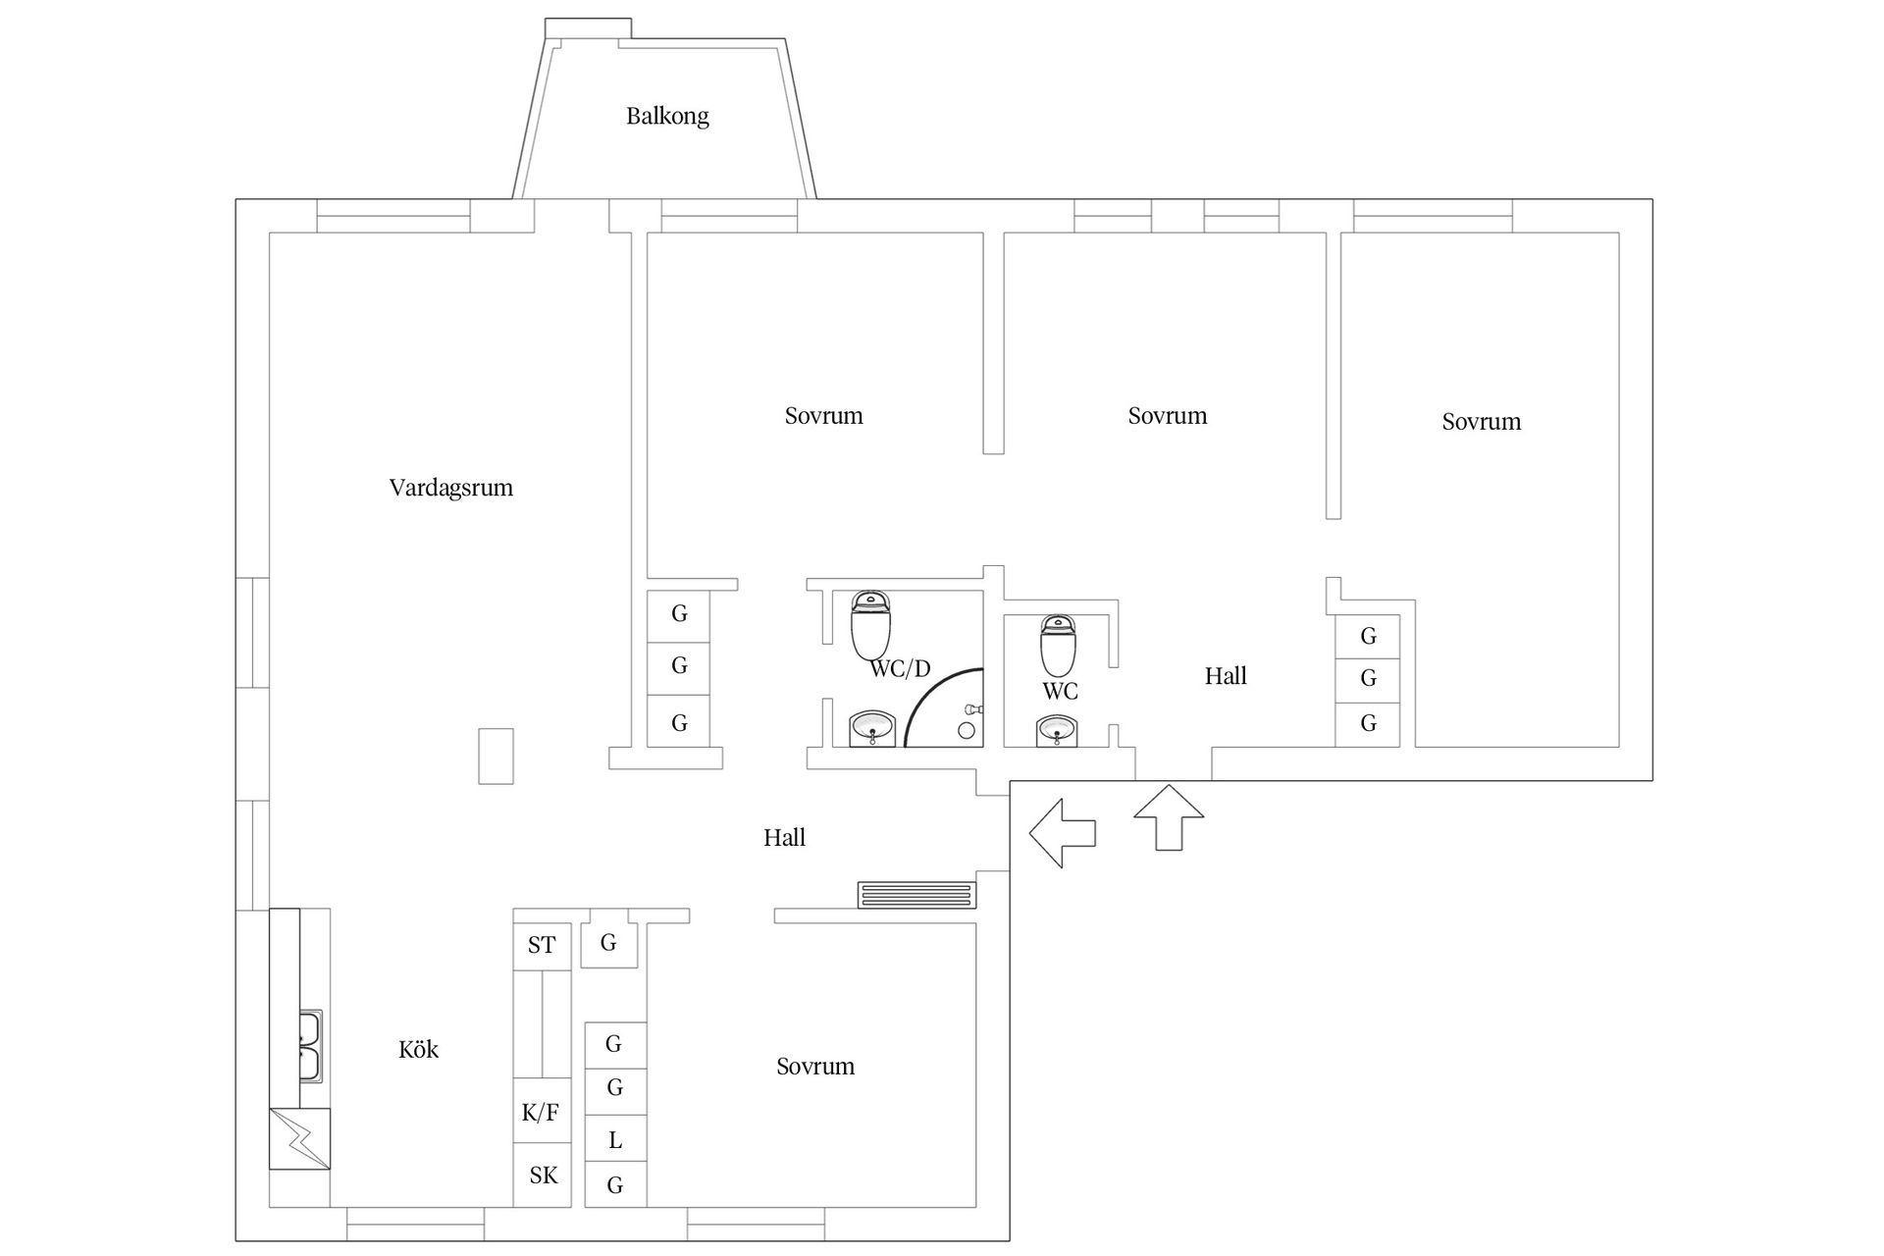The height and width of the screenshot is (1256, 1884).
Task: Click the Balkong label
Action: [667, 116]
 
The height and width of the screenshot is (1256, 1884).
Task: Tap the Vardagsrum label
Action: [451, 488]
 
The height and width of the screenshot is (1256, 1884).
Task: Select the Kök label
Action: [419, 1049]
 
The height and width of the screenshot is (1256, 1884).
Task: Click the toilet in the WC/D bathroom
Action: [870, 625]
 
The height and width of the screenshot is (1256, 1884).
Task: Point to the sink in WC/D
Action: [871, 729]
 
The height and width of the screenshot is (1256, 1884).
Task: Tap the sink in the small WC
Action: [1057, 731]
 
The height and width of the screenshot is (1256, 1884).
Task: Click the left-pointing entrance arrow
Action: [1063, 833]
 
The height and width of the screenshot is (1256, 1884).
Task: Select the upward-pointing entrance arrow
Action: [1169, 817]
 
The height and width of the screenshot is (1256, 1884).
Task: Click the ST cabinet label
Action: [542, 945]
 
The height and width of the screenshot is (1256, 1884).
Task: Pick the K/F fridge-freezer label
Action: [541, 1113]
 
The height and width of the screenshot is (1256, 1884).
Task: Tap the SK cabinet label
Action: [544, 1175]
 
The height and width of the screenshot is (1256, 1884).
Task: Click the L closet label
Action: [615, 1140]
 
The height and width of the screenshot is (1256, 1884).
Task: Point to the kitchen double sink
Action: [310, 1046]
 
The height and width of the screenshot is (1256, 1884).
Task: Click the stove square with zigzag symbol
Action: [300, 1138]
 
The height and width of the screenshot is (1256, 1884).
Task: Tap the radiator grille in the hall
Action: [917, 895]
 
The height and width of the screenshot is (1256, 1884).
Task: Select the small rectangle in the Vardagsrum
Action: [496, 756]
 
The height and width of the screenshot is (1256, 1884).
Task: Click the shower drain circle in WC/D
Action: [967, 730]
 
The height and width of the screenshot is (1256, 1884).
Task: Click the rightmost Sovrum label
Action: [1482, 422]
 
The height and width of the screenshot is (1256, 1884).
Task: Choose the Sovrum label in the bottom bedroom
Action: [815, 1067]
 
